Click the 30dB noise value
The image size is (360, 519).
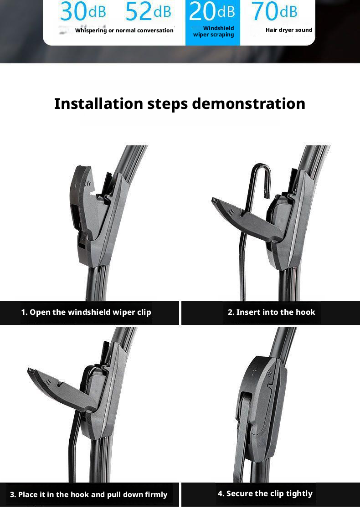pyautogui.click(x=83, y=11)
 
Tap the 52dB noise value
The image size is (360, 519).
pyautogui.click(x=148, y=11)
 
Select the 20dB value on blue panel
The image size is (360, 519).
pyautogui.click(x=212, y=11)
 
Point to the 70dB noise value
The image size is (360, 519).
pyautogui.click(x=275, y=11)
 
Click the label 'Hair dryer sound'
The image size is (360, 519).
pyautogui.click(x=289, y=30)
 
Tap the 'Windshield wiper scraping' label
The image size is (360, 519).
pyautogui.click(x=214, y=31)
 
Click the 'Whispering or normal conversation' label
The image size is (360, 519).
pyautogui.click(x=124, y=31)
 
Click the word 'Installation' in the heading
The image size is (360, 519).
pyautogui.click(x=98, y=103)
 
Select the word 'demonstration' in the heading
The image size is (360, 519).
pyautogui.click(x=248, y=103)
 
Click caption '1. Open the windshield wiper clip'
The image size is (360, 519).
pyautogui.click(x=86, y=312)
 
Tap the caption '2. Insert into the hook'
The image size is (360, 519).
pyautogui.click(x=271, y=312)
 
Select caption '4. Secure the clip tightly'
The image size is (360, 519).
pyautogui.click(x=265, y=493)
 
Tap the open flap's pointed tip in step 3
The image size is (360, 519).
pyautogui.click(x=30, y=370)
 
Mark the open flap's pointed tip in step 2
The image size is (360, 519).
pyautogui.click(x=214, y=200)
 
